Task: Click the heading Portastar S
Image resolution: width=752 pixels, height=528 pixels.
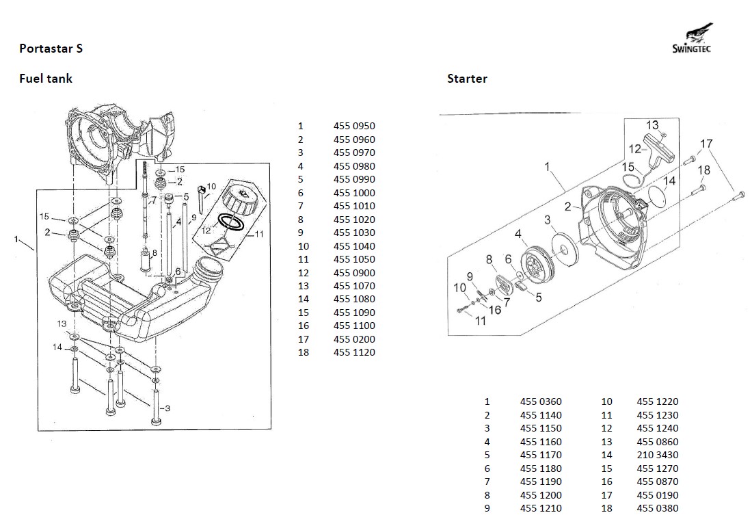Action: tap(51, 49)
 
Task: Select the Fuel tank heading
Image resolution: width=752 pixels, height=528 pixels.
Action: tap(45, 79)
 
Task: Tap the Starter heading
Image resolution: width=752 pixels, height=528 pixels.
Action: tap(467, 79)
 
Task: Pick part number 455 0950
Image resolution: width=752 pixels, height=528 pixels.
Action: tap(354, 126)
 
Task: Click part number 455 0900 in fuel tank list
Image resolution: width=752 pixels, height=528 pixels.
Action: tap(354, 273)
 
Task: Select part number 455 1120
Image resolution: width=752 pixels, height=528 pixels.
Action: tap(354, 353)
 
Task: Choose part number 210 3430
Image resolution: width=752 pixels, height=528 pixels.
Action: tap(657, 455)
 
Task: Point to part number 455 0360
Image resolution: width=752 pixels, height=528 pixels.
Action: tap(541, 401)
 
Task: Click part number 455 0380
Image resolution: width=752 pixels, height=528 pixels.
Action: tap(657, 508)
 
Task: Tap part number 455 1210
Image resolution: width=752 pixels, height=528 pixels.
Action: tap(541, 508)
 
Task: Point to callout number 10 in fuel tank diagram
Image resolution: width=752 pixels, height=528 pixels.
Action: tap(211, 186)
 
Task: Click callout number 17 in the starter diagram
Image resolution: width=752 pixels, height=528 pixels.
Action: tap(706, 144)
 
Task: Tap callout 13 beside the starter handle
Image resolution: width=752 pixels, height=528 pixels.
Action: tap(652, 125)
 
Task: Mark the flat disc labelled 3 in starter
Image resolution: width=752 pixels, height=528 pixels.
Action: tap(565, 245)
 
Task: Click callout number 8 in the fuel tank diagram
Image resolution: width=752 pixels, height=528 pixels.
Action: tap(155, 252)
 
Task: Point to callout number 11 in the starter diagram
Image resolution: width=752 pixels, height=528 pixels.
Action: tap(480, 321)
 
